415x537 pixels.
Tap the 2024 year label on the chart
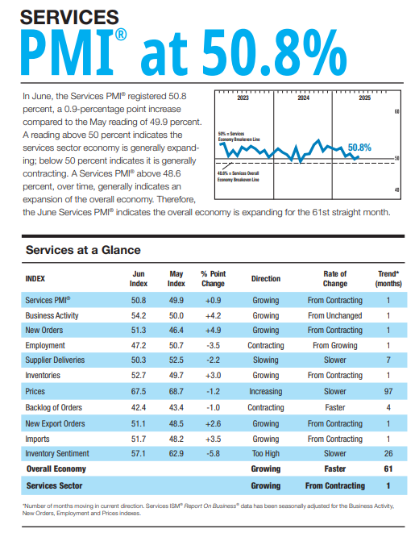click(x=303, y=98)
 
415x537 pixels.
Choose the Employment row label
click(x=47, y=346)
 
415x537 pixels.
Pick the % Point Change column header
click(x=213, y=279)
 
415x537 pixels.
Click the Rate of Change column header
click(x=334, y=279)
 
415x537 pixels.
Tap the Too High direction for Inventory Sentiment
click(x=265, y=454)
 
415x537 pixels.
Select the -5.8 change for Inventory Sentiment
click(x=213, y=454)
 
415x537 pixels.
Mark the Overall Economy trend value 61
click(x=388, y=469)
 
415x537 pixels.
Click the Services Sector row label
click(x=59, y=486)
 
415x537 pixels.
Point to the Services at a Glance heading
click(x=83, y=250)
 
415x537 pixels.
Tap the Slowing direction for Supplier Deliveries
click(x=265, y=361)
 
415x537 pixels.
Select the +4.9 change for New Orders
click(x=213, y=331)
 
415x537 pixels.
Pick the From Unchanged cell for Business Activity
click(x=334, y=315)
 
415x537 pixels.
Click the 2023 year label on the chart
click(x=243, y=98)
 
